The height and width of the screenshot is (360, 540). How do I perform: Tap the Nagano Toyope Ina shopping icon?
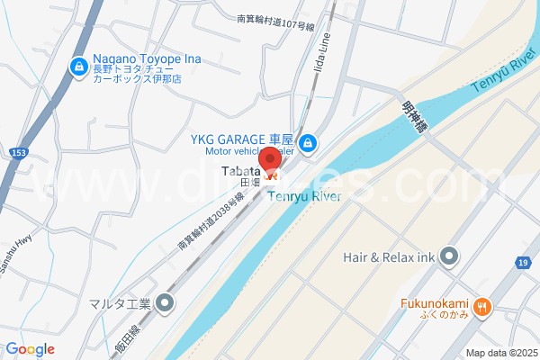(x=79, y=67)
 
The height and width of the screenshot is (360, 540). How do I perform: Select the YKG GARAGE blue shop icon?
(x=308, y=143)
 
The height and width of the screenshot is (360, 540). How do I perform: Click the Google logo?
(x=31, y=349)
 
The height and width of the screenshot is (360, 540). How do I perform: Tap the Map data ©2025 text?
(x=501, y=352)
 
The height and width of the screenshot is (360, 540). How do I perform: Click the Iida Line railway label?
(x=329, y=59)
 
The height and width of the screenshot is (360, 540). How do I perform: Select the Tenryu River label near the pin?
(x=303, y=197)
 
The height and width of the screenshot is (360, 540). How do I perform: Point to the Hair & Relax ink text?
(x=389, y=257)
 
